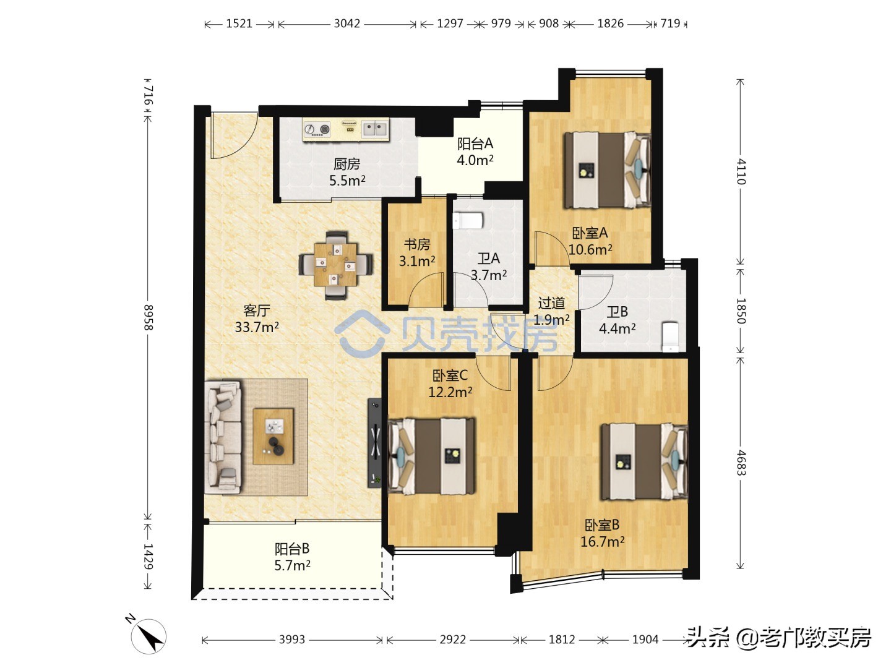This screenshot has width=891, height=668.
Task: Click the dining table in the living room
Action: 335,265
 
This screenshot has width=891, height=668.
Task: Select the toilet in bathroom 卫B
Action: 670,336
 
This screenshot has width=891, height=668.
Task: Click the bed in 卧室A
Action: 607,170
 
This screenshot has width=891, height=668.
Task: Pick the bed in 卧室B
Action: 643,461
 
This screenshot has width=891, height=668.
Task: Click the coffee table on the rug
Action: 273,436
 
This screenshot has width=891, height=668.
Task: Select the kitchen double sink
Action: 374,129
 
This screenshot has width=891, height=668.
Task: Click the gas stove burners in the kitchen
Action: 317,129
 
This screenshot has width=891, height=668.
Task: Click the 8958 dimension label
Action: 148,317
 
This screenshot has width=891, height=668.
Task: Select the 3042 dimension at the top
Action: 346,24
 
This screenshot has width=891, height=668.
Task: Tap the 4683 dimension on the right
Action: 741,462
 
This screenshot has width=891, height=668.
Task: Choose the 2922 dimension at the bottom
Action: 452,640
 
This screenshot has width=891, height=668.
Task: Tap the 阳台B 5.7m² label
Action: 292,556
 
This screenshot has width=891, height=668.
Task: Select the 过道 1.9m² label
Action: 551,311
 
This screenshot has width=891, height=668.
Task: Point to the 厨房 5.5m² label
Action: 346,172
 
